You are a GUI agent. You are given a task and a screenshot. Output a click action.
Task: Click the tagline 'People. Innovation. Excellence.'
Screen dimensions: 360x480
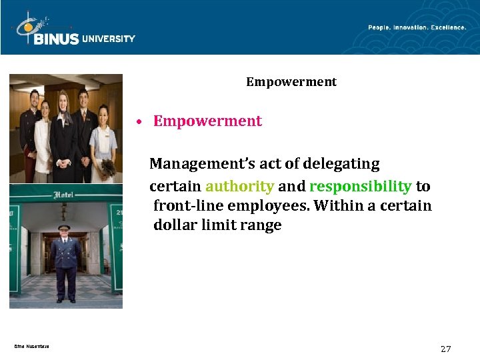click(417, 27)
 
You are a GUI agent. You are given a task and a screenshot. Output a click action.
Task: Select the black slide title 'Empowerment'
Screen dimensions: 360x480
click(291, 82)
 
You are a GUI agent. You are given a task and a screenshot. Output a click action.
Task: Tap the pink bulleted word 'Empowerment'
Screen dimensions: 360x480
click(207, 121)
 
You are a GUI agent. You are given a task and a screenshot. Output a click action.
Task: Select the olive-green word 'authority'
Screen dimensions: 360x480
click(239, 186)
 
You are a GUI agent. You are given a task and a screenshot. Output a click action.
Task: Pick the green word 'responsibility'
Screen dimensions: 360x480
click(360, 186)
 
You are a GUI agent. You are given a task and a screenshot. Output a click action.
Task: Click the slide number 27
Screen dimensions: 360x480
click(446, 349)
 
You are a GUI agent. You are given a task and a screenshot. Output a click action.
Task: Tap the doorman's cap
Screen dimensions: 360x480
click(64, 228)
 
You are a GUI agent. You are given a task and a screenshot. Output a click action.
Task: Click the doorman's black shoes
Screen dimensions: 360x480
click(65, 300)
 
